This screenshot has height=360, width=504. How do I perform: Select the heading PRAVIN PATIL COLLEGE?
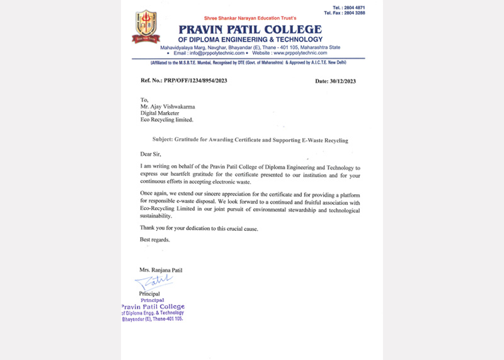[250, 30]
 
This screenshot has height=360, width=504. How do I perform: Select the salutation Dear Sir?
[151, 154]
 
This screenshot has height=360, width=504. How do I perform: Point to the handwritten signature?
[154, 281]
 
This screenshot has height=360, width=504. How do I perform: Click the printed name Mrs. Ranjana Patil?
[161, 270]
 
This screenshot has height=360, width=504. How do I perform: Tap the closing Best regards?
[154, 240]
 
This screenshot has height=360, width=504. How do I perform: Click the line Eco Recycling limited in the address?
[166, 119]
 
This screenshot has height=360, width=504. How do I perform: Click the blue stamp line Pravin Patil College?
[153, 307]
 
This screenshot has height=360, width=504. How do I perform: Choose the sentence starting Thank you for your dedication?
[198, 228]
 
